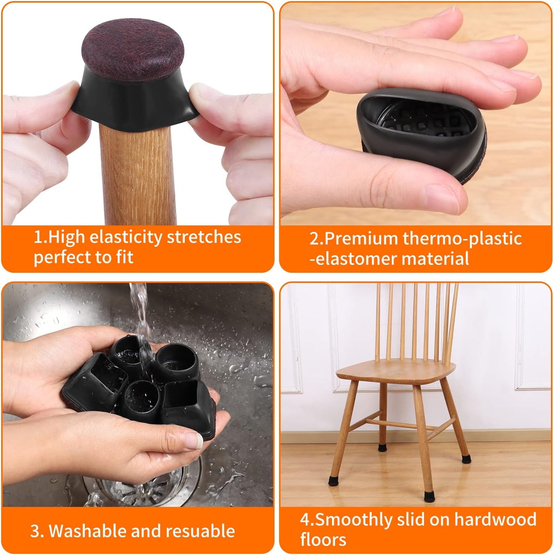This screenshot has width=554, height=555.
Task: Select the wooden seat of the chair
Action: tap(395, 370)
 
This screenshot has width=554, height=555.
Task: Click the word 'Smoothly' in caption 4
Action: tap(351, 519)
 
